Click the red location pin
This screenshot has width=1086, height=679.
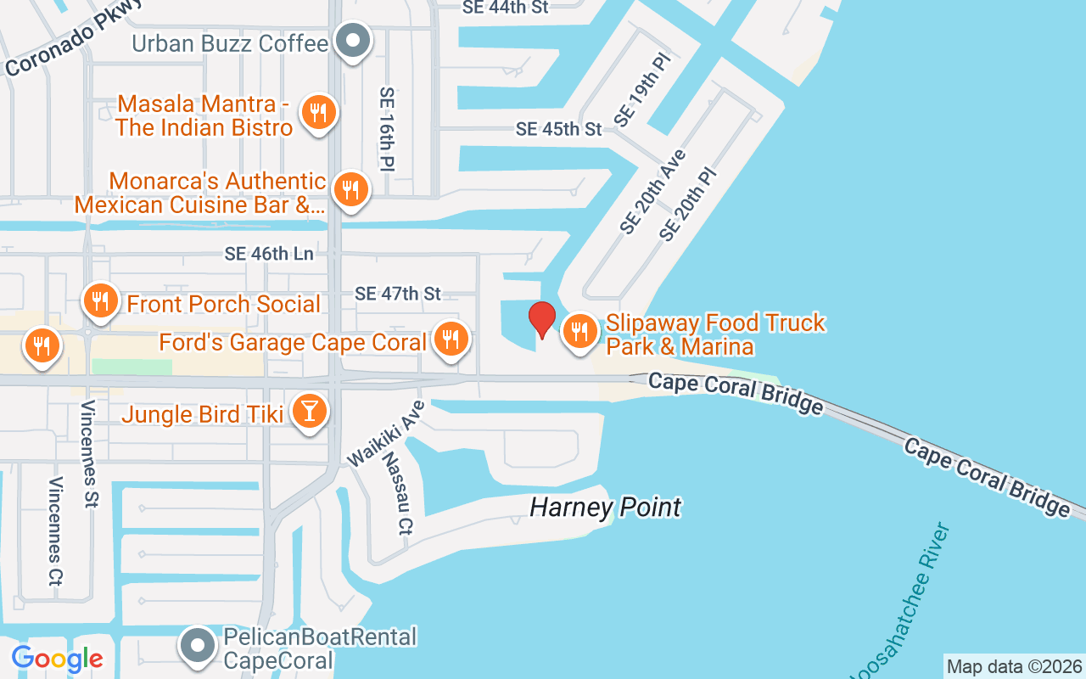coord(541,320)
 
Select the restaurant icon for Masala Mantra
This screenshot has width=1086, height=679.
coord(318,112)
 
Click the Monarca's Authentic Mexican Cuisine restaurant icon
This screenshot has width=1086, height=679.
coord(349,189)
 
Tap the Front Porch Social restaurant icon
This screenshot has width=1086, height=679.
coord(100,300)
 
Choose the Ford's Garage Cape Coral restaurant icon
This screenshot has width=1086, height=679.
coord(451,339)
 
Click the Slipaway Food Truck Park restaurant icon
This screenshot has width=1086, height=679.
coord(579,330)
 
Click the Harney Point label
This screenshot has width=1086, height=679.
coord(605,508)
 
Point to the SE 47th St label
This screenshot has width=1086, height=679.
coord(398,294)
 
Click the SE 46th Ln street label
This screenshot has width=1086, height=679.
coord(269,254)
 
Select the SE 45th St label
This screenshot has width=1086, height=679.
coord(558,129)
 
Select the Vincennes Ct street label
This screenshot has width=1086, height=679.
coord(56,531)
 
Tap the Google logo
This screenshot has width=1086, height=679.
coord(57,659)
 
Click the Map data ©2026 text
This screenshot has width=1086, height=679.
coord(1014,666)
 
